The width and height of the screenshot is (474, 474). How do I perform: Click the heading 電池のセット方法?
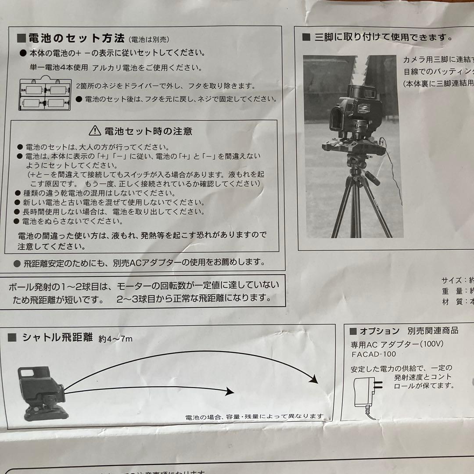point(76,38)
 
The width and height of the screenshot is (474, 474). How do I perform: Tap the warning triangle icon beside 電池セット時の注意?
point(95,130)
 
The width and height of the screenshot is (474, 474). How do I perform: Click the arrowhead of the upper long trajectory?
point(313,379)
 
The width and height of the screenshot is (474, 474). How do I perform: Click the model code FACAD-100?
point(373,354)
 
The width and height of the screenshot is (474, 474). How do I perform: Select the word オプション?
point(380,331)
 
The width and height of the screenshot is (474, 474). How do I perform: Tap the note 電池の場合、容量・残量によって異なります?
point(255,416)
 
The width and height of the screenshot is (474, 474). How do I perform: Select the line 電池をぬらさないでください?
point(73,221)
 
